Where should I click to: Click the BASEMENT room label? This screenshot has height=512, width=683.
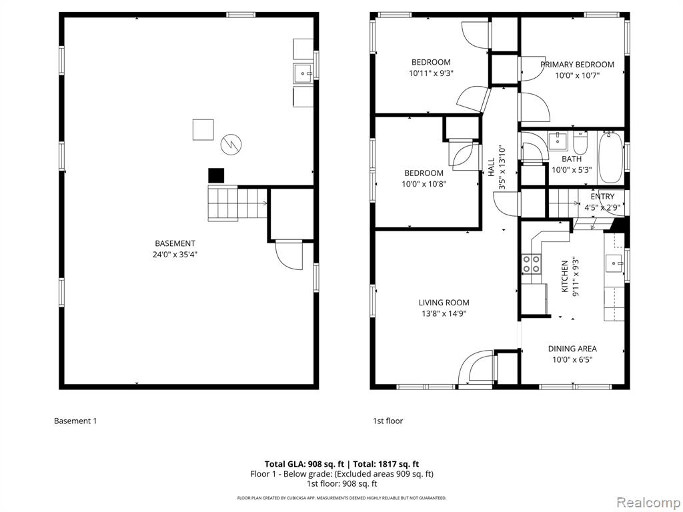click(x=175, y=243)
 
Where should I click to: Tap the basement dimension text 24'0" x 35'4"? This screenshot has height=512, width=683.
click(x=175, y=255)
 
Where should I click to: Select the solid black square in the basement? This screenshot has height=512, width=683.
click(x=216, y=175)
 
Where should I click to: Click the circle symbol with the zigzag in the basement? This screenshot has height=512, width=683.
click(x=231, y=144)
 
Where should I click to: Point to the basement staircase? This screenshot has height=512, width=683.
click(x=237, y=203)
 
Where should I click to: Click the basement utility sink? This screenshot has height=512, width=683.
click(x=303, y=73)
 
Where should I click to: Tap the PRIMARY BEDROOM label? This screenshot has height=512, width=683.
click(x=577, y=65)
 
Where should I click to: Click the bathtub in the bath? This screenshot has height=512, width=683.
click(x=611, y=157)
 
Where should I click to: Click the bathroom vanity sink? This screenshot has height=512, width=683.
click(x=558, y=141)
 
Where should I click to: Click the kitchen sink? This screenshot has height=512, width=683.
click(x=614, y=263)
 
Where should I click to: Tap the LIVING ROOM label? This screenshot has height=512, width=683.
click(x=444, y=303)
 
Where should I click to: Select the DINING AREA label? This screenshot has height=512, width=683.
click(x=572, y=349)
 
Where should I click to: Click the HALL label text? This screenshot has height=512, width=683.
click(x=492, y=167)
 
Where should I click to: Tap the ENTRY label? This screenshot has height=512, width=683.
click(x=602, y=197)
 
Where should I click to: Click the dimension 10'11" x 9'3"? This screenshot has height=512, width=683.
click(x=431, y=73)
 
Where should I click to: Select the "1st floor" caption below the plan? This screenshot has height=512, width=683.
click(x=388, y=421)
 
